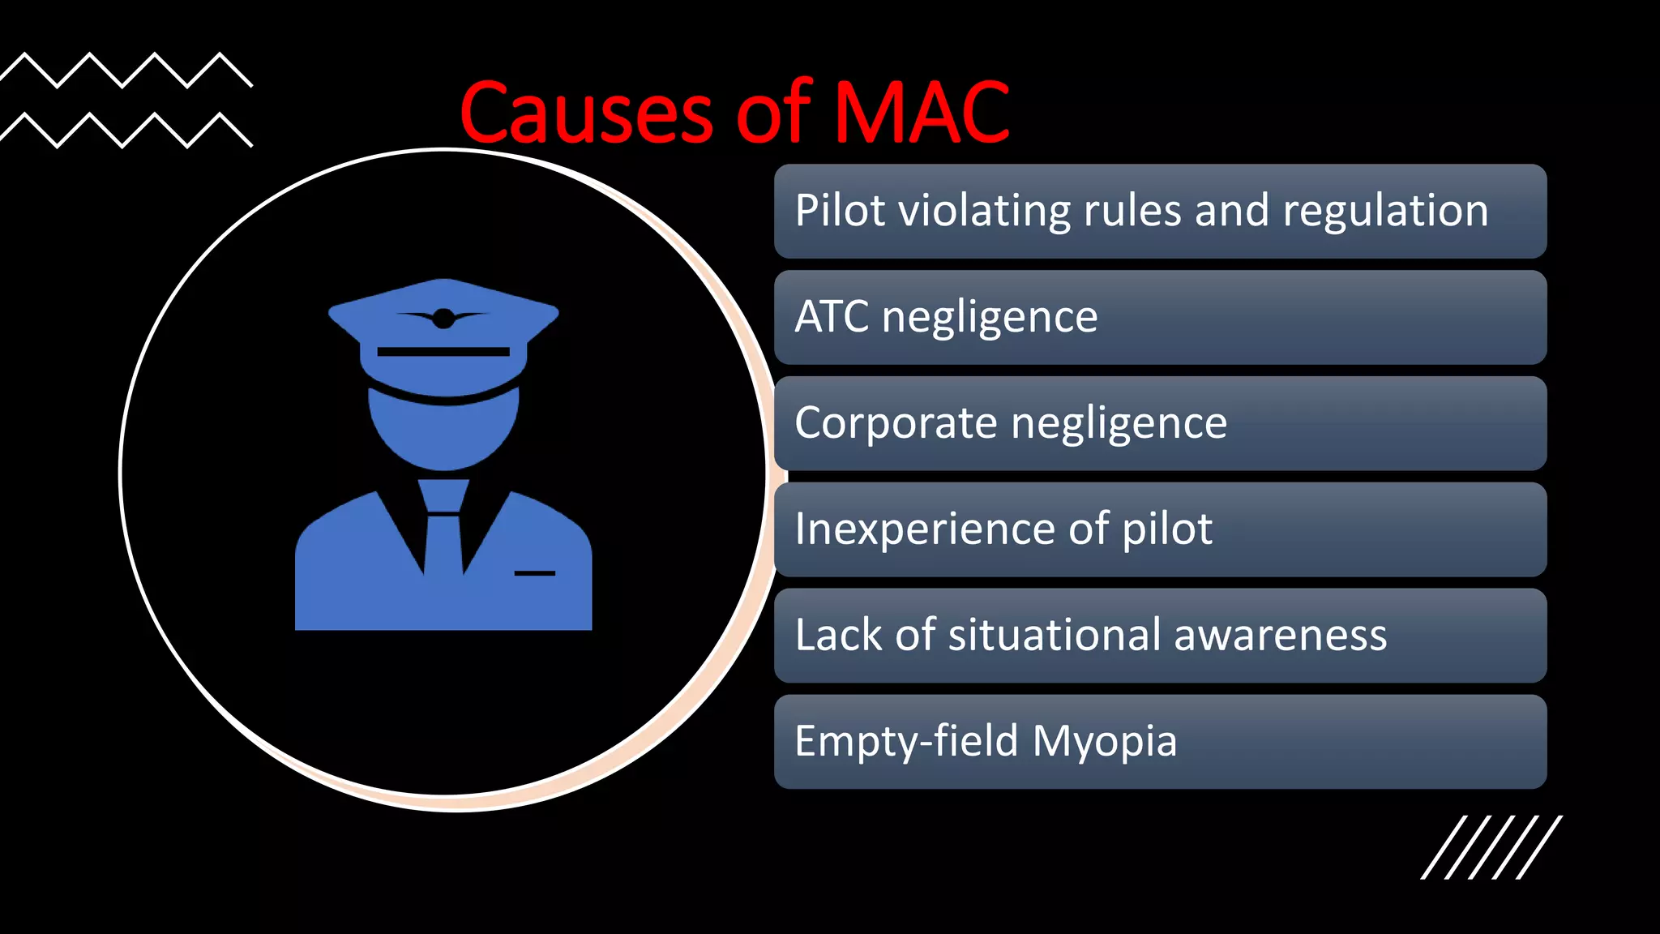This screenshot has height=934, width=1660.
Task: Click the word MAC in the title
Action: pos(922,113)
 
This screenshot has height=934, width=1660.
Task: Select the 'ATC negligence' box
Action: pos(1160,317)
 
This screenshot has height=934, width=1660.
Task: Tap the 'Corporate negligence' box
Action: pos(1160,423)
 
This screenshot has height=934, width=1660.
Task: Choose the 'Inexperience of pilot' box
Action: pos(1160,529)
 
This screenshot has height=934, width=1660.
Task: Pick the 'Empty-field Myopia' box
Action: pos(1160,741)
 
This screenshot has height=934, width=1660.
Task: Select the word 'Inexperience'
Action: pos(925,529)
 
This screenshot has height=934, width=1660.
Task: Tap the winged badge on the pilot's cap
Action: pos(443,318)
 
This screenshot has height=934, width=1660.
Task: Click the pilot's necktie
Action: pos(443,527)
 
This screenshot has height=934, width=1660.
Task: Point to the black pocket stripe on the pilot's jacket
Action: pos(535,573)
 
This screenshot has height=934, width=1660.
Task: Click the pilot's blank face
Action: pos(443,430)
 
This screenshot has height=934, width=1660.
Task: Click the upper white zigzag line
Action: pos(126,70)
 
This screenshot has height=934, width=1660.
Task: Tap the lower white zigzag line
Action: pos(126,131)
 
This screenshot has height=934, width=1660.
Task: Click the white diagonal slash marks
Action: pos(1491,847)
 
